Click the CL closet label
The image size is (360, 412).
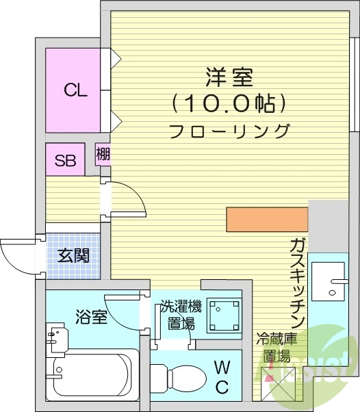[75, 90]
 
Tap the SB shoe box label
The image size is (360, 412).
[65, 162]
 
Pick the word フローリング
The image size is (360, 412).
[229, 130]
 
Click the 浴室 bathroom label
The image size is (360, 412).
[90, 318]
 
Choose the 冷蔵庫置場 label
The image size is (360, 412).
[273, 347]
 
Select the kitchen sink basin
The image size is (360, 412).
[330, 280]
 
